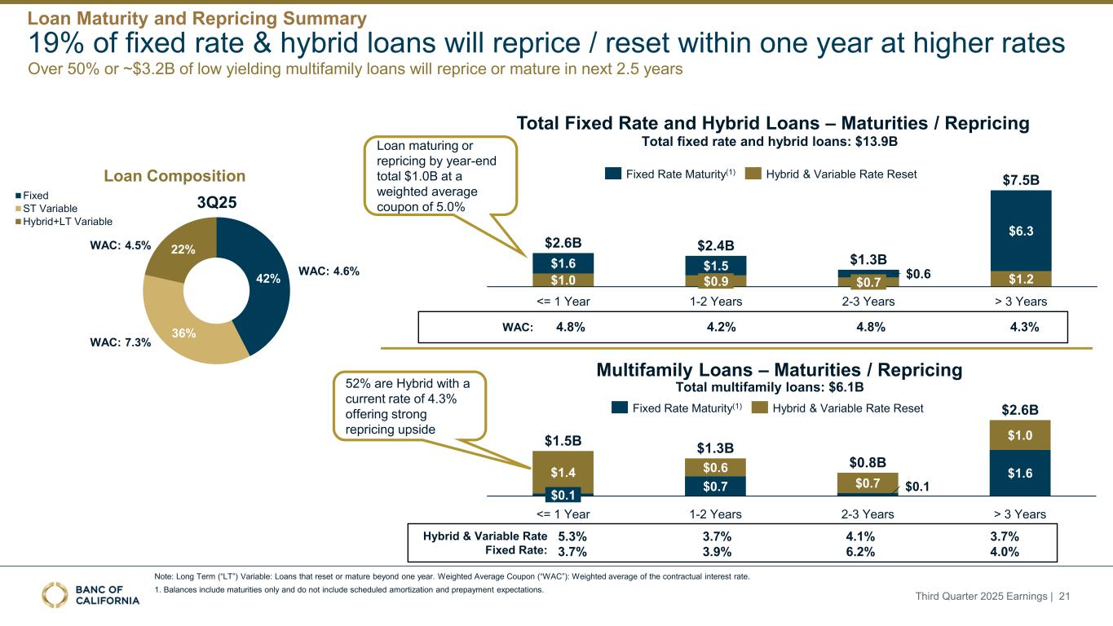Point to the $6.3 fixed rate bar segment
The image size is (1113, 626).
(x=1020, y=231)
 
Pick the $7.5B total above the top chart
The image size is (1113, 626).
(x=1021, y=179)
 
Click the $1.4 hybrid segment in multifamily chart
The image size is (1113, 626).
(x=563, y=472)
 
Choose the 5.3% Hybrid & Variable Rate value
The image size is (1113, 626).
(x=572, y=536)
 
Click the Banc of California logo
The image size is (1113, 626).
(x=90, y=595)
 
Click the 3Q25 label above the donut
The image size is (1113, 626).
(x=217, y=203)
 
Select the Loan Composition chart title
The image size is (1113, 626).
(x=174, y=176)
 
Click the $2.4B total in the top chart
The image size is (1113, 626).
(x=715, y=245)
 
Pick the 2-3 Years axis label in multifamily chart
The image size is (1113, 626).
(x=867, y=514)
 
